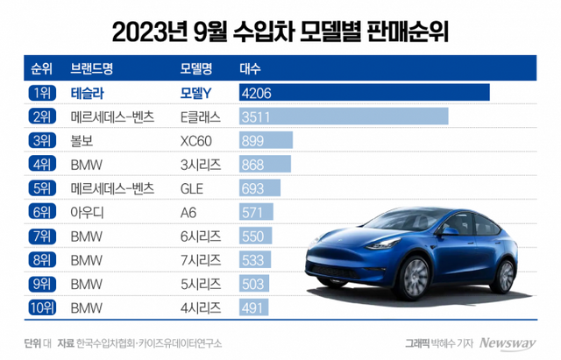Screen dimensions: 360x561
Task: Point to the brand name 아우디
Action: (87, 211)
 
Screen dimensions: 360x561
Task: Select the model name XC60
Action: (195, 140)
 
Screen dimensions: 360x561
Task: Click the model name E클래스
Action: (200, 116)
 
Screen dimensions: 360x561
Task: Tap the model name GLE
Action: (190, 187)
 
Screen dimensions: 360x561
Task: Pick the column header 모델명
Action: (197, 67)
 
